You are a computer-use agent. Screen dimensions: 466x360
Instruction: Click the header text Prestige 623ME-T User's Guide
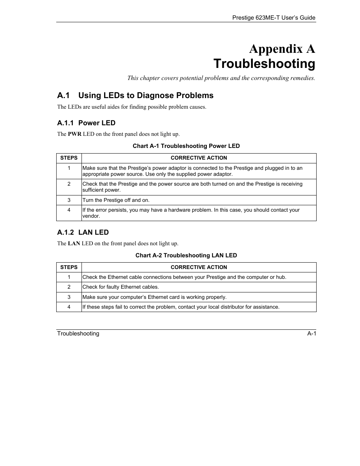point(274,18)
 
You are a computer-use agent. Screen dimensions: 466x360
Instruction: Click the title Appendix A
point(282,49)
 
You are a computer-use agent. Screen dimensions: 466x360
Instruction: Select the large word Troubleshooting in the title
point(264,64)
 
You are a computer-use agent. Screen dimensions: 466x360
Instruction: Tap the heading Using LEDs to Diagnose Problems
point(146,95)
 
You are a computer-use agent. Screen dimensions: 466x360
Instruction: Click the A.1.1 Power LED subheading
point(86,123)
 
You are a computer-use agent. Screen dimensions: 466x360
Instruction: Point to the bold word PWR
point(74,134)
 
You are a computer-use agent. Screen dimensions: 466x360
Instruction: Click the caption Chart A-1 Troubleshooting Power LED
point(186,146)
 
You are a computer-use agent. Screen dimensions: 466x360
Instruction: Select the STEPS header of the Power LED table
point(69,158)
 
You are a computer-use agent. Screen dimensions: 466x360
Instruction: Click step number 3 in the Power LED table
point(69,200)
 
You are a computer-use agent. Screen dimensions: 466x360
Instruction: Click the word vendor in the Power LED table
point(91,216)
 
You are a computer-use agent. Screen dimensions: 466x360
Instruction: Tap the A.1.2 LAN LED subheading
point(83,232)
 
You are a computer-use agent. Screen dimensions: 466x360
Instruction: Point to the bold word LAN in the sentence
point(74,243)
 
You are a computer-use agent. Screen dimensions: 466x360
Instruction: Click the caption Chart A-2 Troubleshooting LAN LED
point(186,255)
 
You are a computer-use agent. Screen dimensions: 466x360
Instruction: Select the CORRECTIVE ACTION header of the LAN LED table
point(199,267)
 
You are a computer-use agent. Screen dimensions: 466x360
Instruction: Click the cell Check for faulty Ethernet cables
point(121,287)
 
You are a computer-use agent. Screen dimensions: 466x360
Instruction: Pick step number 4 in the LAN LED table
point(69,307)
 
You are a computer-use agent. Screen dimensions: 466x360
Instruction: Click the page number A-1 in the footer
point(311,334)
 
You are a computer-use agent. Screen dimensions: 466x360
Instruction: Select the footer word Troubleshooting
point(78,334)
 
